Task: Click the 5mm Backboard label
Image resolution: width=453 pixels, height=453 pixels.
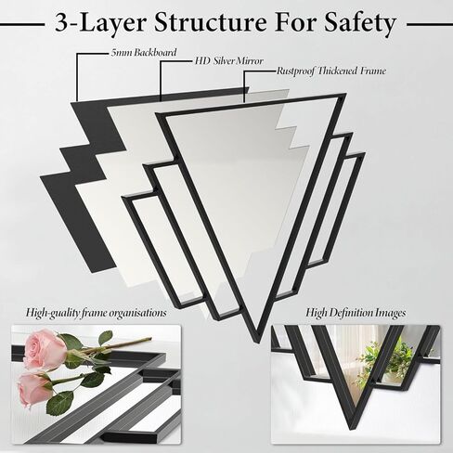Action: (130, 53)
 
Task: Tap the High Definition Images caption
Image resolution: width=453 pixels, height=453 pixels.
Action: (356, 313)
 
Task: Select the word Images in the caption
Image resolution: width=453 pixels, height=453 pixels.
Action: (386, 313)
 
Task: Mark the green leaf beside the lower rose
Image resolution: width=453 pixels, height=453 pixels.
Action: (61, 402)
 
